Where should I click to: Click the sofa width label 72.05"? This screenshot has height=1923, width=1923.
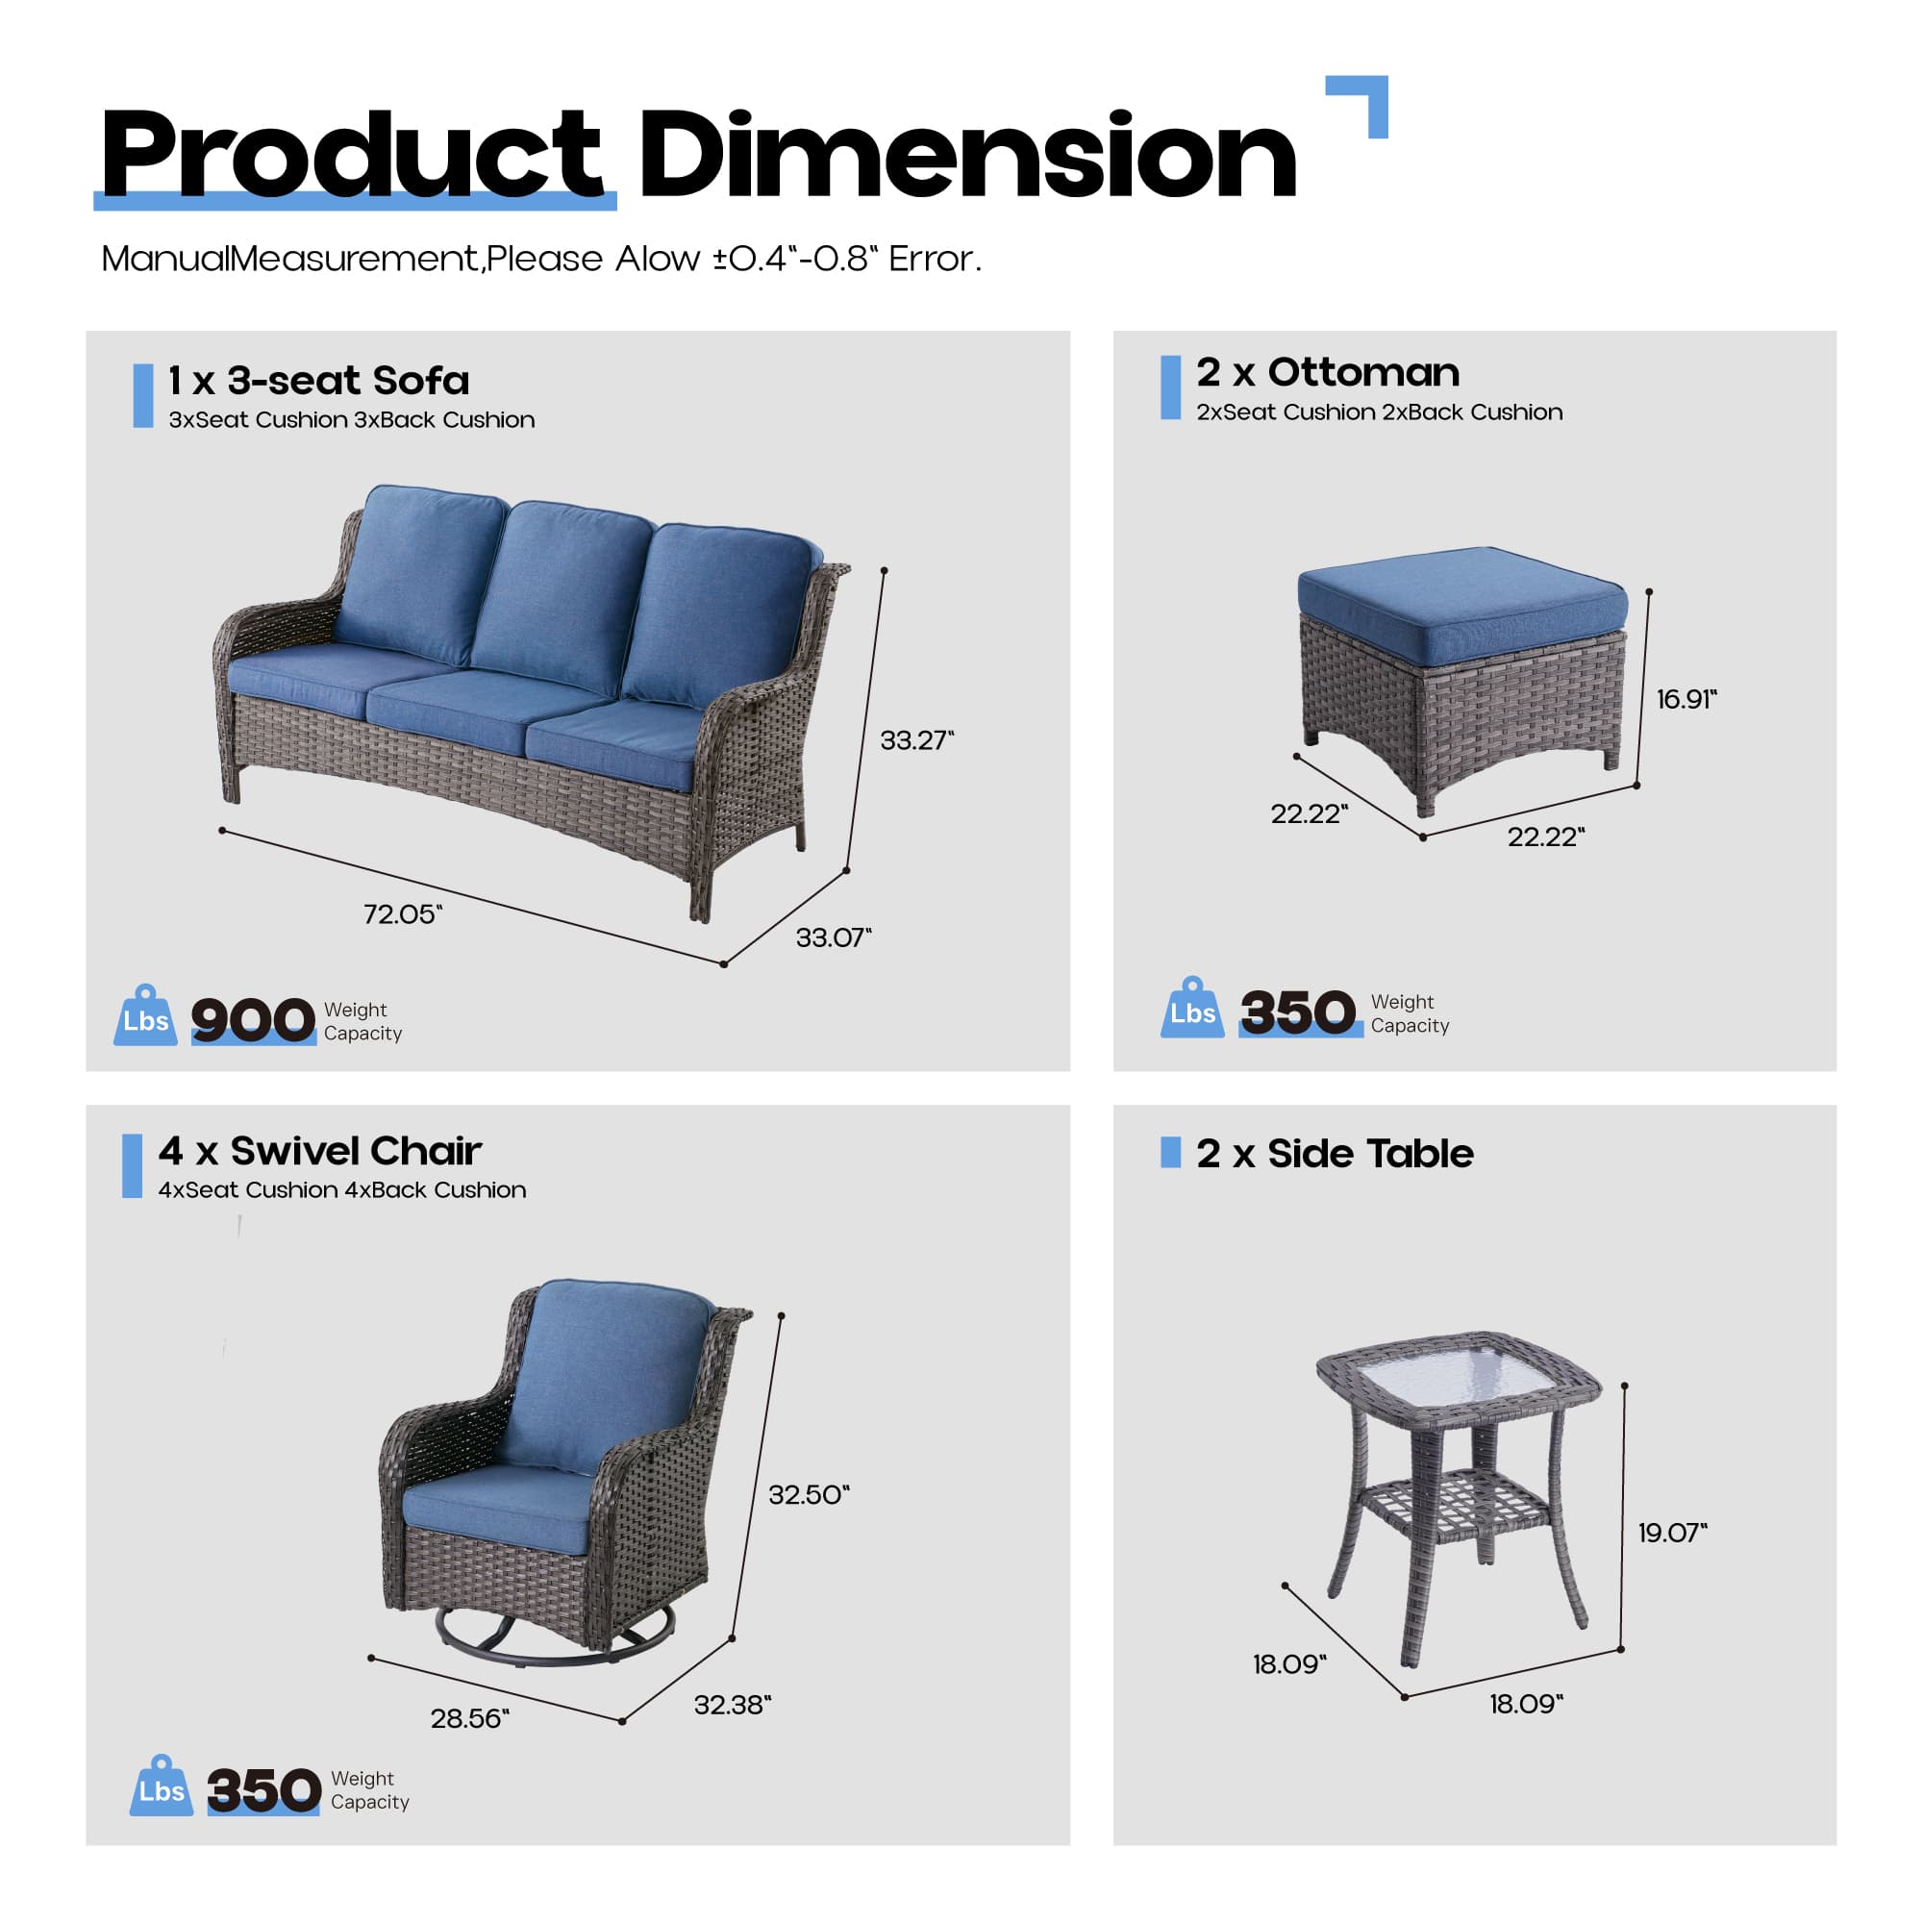402,913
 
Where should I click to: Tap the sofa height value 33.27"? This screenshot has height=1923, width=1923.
915,740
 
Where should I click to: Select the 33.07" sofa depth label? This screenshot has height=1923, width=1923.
833,937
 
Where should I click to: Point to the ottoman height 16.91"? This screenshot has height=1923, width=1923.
1686,699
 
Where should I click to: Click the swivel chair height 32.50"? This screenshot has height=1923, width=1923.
809,1495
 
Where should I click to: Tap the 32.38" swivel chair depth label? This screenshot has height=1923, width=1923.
733,1705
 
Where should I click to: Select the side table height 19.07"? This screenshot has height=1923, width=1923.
1672,1533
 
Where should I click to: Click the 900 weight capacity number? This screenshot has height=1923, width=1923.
253,1020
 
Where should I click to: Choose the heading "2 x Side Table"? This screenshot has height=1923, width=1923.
1334,1154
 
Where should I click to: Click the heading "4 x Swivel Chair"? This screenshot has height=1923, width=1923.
319,1151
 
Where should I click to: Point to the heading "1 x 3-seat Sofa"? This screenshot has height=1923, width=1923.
318,380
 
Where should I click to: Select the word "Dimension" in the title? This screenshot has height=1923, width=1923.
967,154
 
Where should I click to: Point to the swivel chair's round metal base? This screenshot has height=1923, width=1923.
554,1638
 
